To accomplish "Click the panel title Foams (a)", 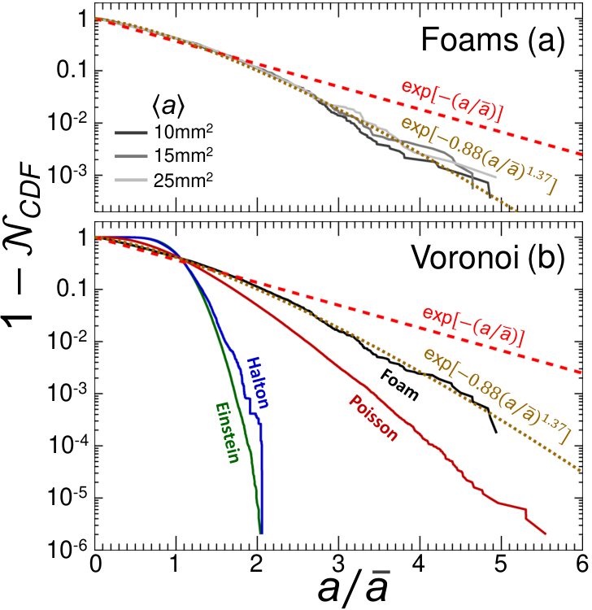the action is (493, 41).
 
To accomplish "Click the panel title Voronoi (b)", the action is (488, 258).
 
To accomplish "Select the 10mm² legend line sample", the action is (131, 133).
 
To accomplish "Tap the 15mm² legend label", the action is (183, 155).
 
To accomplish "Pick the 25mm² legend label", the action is (183, 180).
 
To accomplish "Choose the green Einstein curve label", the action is (228, 433).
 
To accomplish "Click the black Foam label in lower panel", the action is (399, 385).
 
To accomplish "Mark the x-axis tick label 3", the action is (339, 564).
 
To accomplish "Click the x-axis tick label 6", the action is (582, 564).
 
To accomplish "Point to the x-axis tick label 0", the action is (95, 564).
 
